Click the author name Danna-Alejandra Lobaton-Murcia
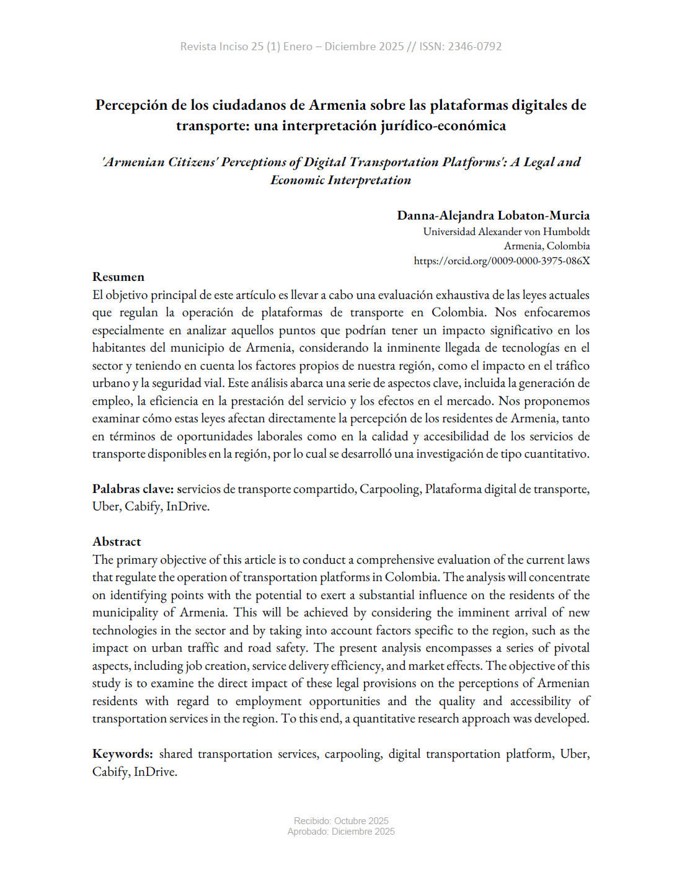click(x=493, y=215)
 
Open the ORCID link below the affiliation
click(x=502, y=261)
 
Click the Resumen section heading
click(x=118, y=277)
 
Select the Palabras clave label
click(x=133, y=489)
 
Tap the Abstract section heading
click(x=117, y=541)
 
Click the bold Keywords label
click(x=122, y=753)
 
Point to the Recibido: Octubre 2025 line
click(x=341, y=821)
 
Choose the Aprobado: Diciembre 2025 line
click(x=341, y=832)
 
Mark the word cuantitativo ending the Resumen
click(x=556, y=454)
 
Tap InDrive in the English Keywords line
click(x=155, y=771)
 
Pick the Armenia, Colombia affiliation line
click(x=546, y=246)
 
